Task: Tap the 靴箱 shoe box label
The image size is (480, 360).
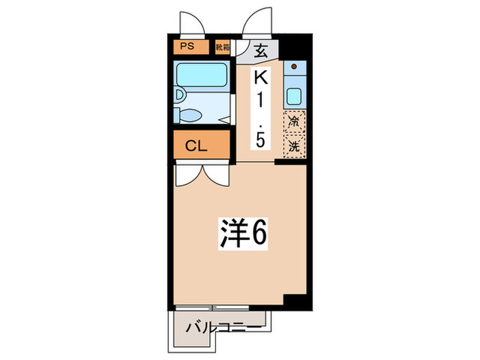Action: coord(222,47)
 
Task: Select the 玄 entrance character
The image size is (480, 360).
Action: coord(261,50)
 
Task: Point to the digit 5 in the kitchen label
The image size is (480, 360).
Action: coord(261,140)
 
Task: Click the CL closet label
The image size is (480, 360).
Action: coord(196,146)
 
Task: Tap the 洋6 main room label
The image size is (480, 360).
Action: coord(243,235)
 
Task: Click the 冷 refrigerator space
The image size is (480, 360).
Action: coord(294,123)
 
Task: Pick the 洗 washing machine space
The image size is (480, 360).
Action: coord(294,146)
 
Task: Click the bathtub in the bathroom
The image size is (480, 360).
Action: coord(200,75)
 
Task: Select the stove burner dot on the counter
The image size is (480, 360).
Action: coord(294,68)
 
